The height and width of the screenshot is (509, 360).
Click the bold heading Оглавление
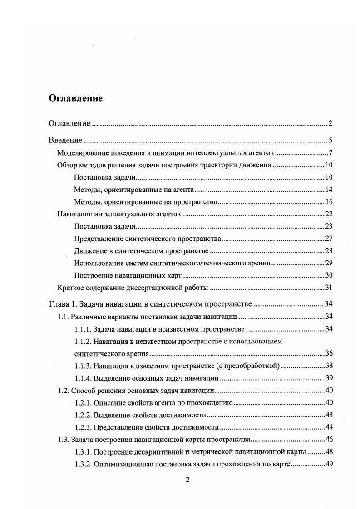76,98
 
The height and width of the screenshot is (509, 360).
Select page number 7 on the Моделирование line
331,152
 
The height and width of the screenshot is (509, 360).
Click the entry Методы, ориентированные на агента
134,189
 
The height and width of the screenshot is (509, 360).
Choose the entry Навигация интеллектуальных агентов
119,214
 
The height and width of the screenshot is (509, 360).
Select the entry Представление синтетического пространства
147,239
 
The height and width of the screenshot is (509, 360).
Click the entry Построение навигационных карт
128,275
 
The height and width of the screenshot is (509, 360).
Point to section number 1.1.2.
84,341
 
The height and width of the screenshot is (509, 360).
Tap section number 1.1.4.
84,378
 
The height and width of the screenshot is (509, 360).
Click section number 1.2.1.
84,402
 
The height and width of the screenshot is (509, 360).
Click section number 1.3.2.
84,464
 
